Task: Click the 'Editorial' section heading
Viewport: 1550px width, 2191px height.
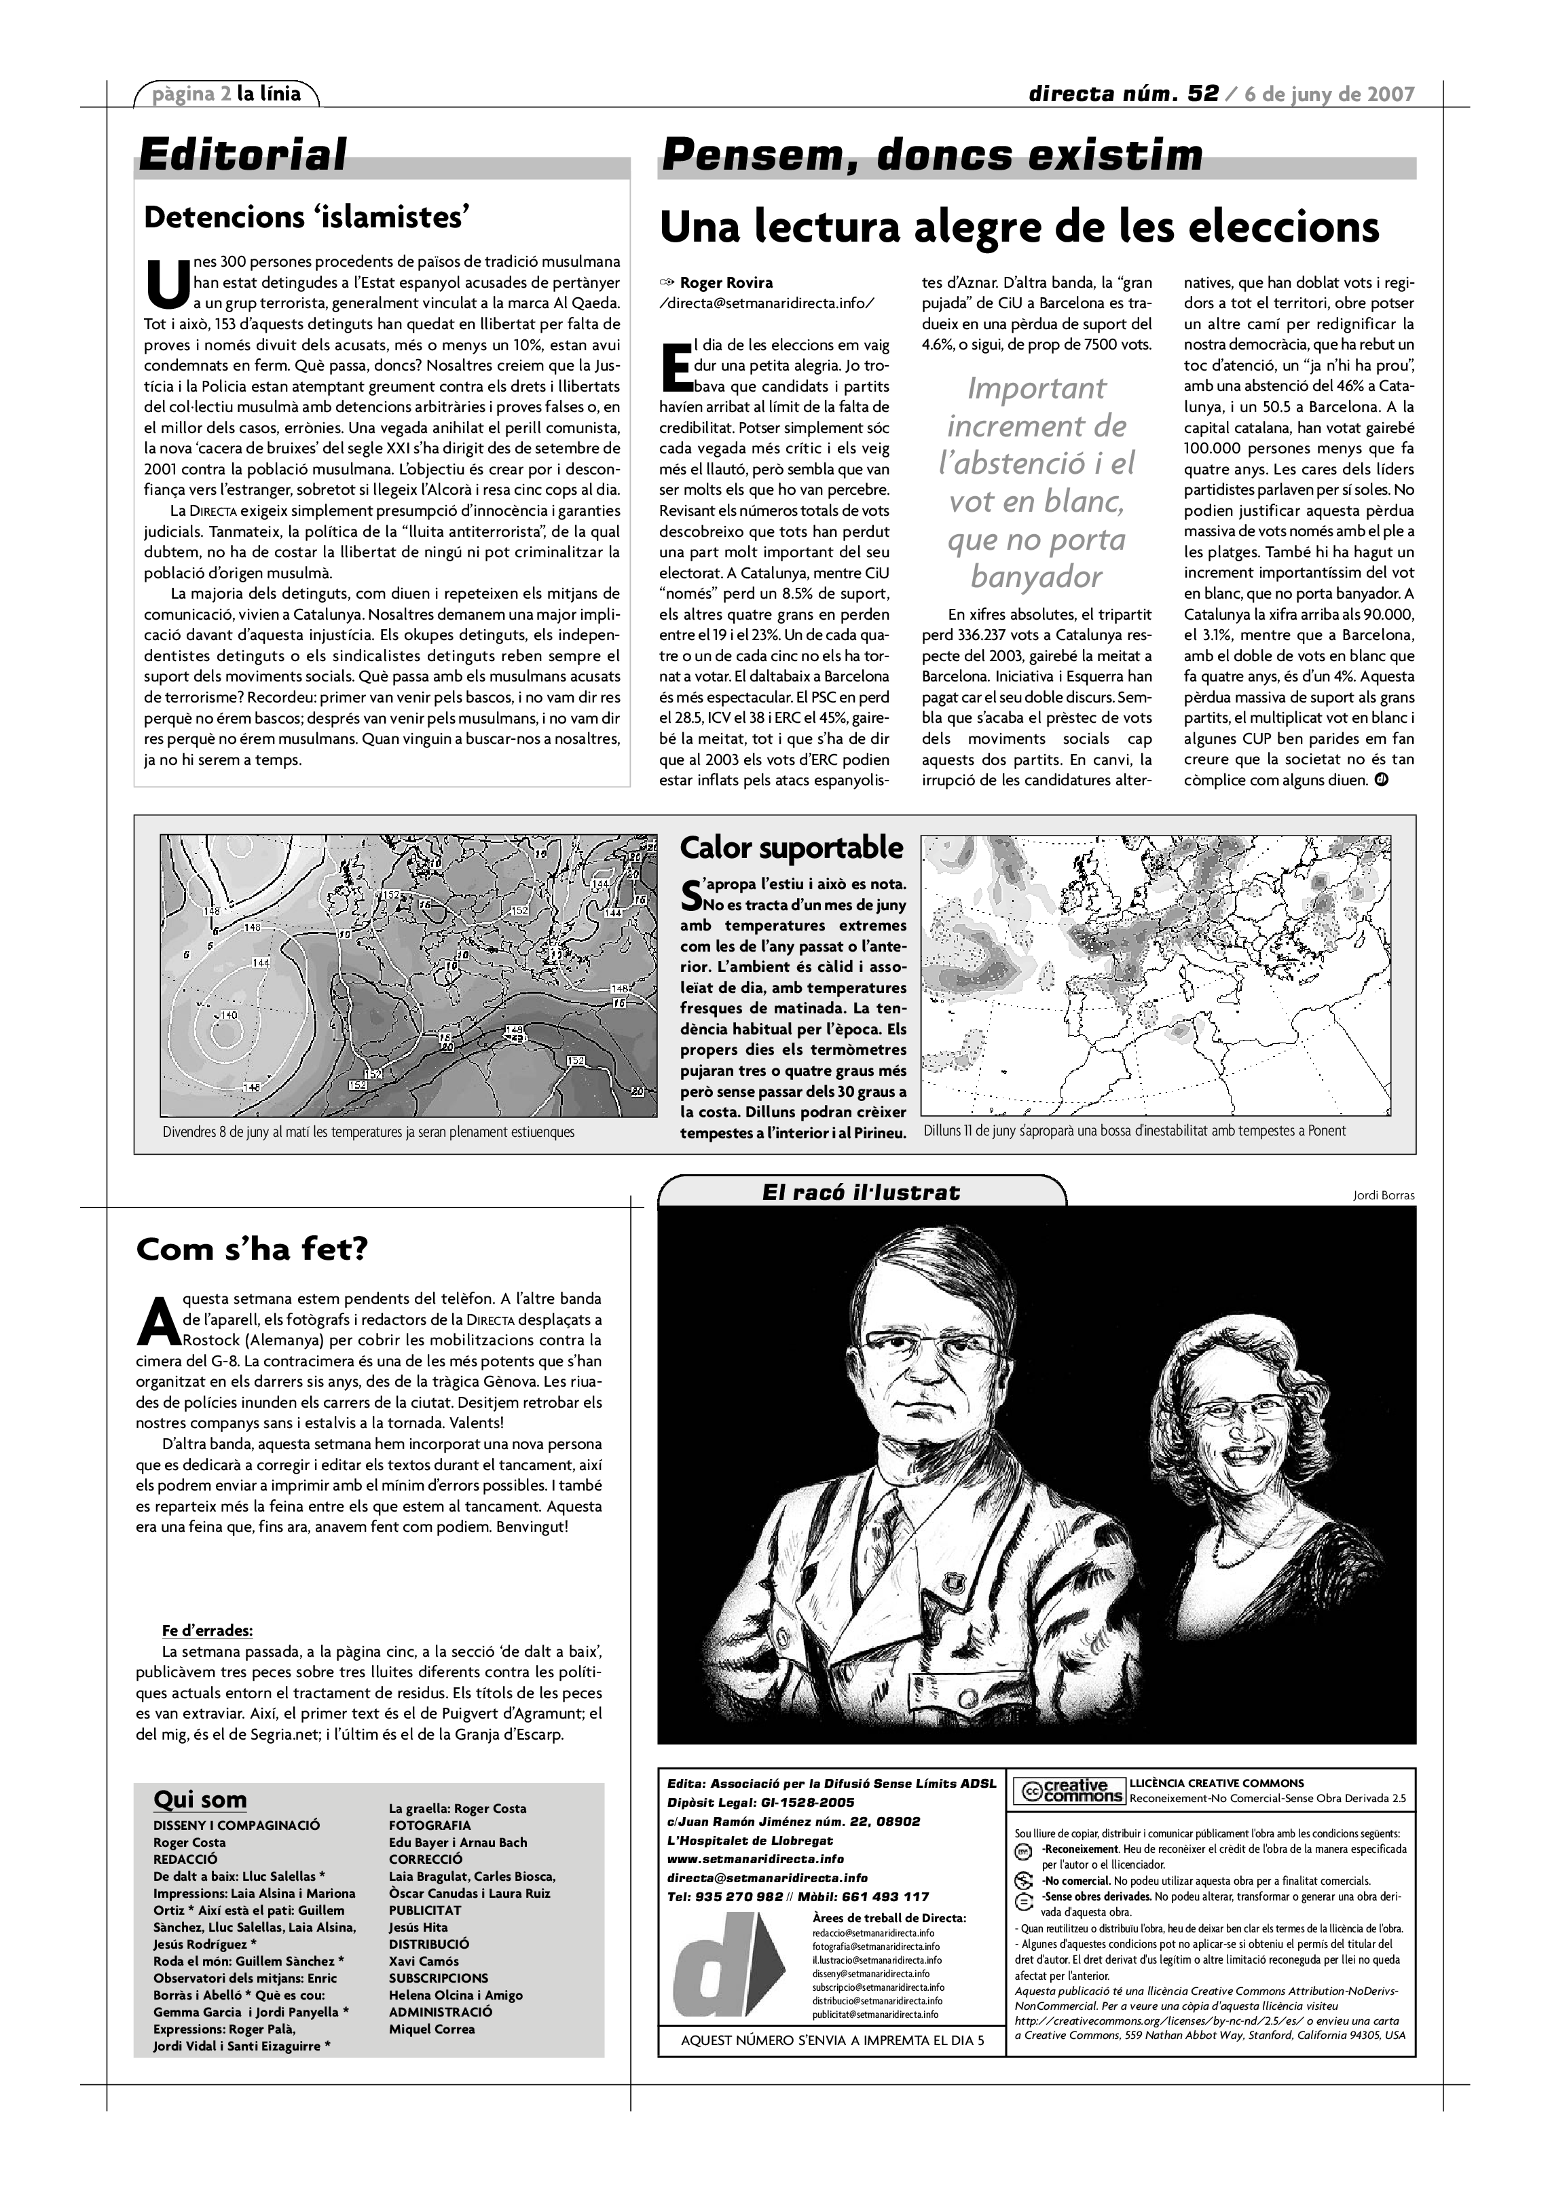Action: [242, 155]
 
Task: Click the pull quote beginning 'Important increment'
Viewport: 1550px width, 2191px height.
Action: [1037, 482]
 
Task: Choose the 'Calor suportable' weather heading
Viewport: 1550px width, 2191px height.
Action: [791, 847]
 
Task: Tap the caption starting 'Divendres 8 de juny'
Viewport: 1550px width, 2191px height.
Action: [369, 1131]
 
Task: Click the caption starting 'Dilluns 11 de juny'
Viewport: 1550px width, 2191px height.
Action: [1134, 1131]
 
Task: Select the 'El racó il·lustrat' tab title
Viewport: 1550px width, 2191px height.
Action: [861, 1192]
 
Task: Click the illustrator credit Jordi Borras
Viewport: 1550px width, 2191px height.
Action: [1383, 1196]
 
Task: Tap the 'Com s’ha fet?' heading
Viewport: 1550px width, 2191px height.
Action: [252, 1249]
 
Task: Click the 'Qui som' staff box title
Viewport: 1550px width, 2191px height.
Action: [200, 1800]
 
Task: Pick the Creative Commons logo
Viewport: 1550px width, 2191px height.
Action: [1068, 1791]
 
